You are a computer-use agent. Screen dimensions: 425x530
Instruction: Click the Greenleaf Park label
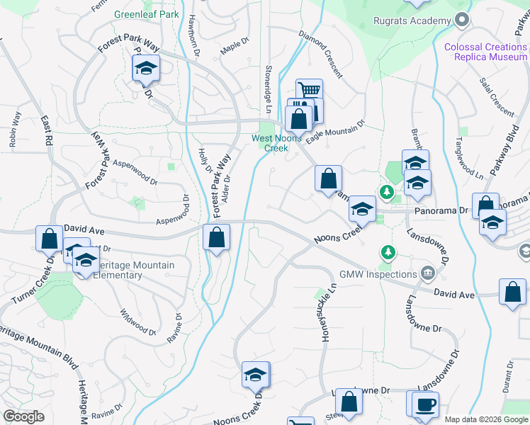click(x=146, y=14)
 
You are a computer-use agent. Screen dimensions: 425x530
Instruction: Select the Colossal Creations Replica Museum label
click(x=485, y=52)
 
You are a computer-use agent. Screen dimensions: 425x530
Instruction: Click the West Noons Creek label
click(x=276, y=143)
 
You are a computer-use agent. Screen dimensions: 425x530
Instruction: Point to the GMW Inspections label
click(x=378, y=274)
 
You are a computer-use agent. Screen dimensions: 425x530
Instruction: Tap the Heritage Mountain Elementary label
click(x=134, y=270)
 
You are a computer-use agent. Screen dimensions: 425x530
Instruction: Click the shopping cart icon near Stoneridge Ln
click(x=309, y=91)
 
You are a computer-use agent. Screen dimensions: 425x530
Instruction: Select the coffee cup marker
click(x=425, y=404)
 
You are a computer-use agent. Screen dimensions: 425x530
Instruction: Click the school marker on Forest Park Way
click(x=146, y=69)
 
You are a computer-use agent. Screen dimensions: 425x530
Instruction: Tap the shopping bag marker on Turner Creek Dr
click(x=50, y=239)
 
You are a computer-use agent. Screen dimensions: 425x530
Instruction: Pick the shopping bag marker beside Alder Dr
click(x=217, y=238)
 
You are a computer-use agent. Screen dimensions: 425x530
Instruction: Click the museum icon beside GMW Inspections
click(x=427, y=273)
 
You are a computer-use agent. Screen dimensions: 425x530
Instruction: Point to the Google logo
click(x=23, y=416)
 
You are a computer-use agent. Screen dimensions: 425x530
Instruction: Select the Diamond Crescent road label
click(x=320, y=54)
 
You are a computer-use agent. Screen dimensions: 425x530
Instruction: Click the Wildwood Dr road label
click(x=137, y=322)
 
